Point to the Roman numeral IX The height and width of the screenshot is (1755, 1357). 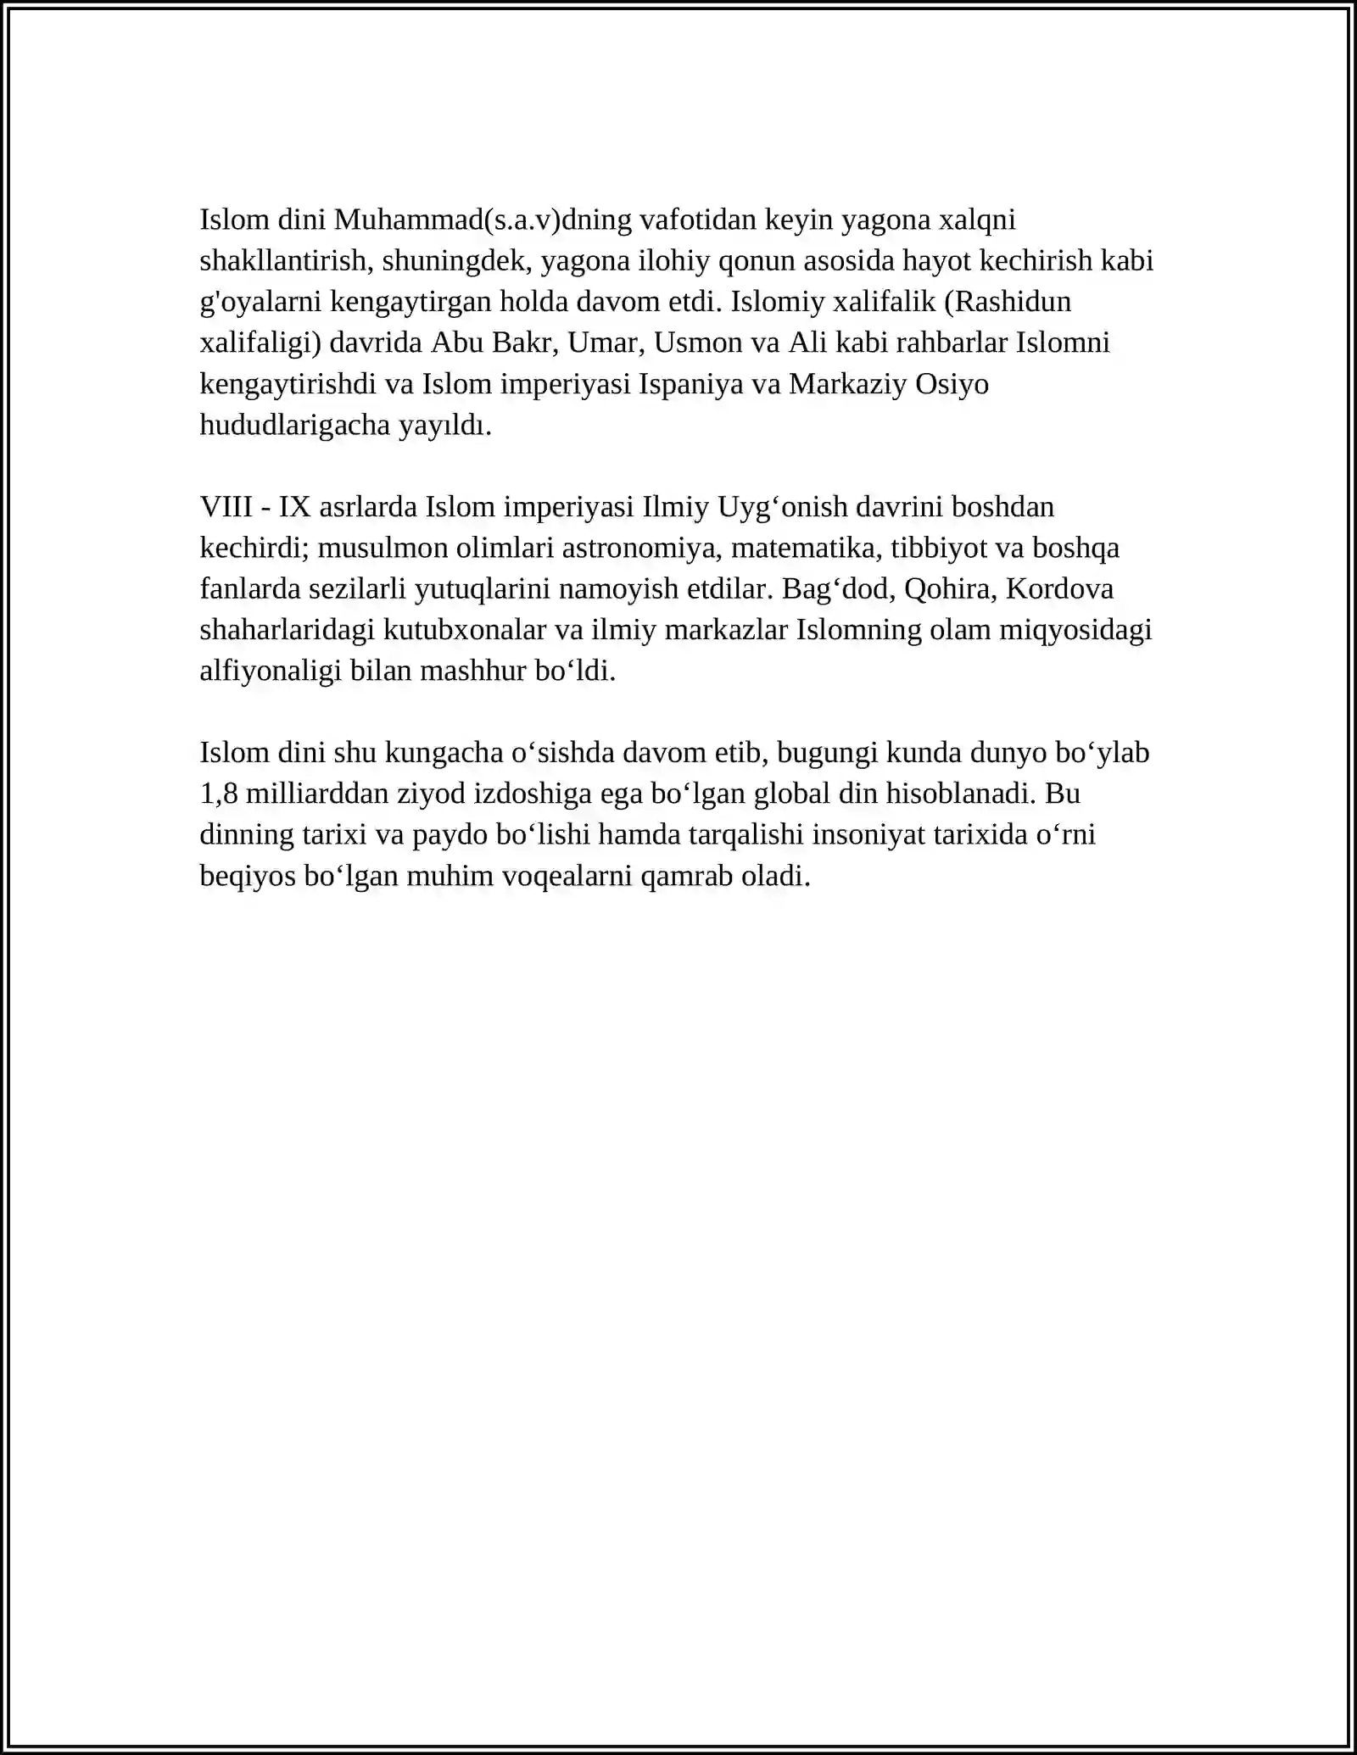(294, 507)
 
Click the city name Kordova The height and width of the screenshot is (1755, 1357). (1059, 588)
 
